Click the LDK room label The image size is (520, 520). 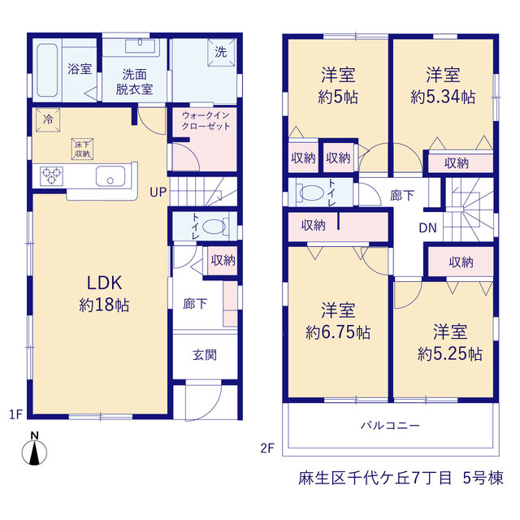(x=105, y=283)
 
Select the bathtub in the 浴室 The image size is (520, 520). (x=47, y=71)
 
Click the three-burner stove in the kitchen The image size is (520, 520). (x=51, y=176)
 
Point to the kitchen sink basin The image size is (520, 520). (x=110, y=176)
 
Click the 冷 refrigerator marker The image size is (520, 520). (x=48, y=119)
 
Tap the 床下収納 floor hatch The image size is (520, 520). (x=82, y=149)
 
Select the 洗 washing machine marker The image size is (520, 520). (x=221, y=52)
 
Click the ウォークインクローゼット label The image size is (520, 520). (x=206, y=121)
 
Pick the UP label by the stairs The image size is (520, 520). (x=158, y=192)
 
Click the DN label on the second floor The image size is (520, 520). (x=427, y=227)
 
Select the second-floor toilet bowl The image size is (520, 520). (x=311, y=193)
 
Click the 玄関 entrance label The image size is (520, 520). (x=205, y=355)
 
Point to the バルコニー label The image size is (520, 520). (x=390, y=425)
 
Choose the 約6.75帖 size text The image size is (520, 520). (x=338, y=332)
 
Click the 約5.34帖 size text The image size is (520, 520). (x=443, y=97)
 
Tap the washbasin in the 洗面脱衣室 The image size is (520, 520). (x=141, y=45)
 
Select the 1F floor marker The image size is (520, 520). (x=15, y=414)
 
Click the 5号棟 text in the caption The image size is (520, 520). (x=483, y=478)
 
